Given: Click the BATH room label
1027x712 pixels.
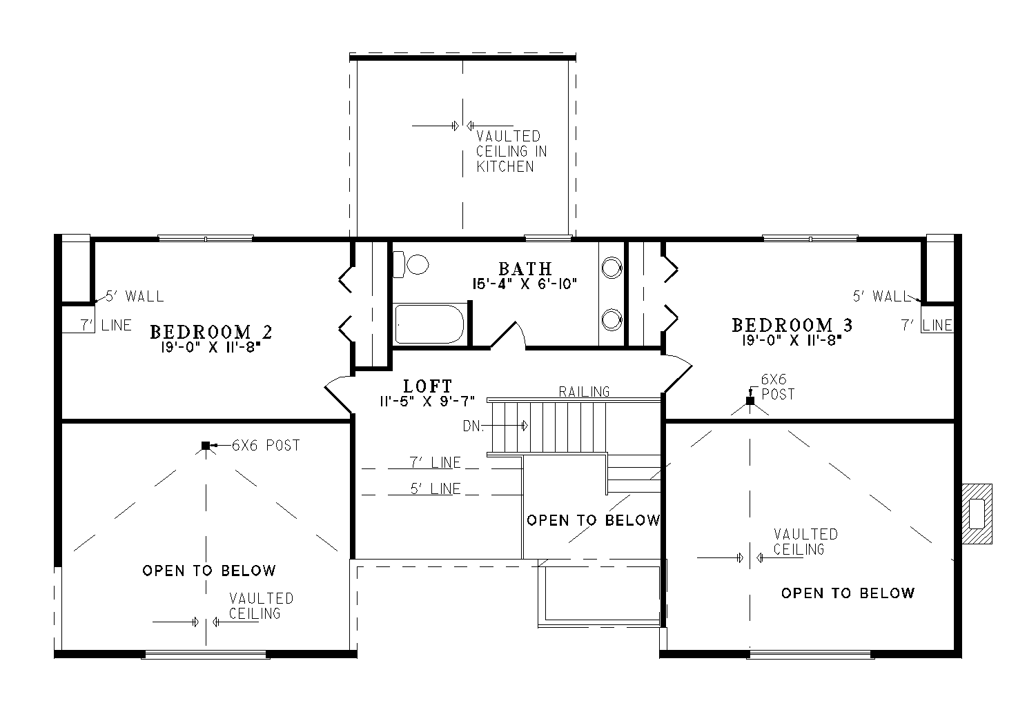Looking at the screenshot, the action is [x=525, y=268].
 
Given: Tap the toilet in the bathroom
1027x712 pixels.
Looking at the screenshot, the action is [x=411, y=264].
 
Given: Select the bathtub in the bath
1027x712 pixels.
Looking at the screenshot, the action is [x=429, y=324].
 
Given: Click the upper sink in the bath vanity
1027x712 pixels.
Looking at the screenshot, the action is [x=612, y=268].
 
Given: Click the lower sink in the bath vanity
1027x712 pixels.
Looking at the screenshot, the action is [x=612, y=320].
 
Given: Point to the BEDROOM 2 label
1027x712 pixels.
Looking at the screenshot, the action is [x=211, y=332].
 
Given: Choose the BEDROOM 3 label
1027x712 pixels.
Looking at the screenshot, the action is [x=792, y=325].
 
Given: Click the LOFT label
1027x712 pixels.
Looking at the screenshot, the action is [x=427, y=386].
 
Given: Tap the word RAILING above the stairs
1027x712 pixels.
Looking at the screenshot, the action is [x=584, y=392].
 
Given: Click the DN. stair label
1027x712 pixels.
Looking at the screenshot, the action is [x=473, y=426].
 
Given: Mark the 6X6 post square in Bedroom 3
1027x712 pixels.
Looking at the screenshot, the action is [x=750, y=401].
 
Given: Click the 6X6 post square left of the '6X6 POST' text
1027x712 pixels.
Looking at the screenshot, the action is [x=206, y=445].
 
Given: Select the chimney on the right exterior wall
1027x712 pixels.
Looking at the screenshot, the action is [x=977, y=514].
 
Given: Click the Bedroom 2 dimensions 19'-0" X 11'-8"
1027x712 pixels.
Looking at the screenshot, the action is [x=211, y=348].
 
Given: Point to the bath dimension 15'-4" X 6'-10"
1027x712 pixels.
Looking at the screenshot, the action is [x=525, y=284].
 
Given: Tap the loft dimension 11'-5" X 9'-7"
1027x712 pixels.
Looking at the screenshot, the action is [x=427, y=402].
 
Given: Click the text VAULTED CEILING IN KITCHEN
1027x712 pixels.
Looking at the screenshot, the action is [x=511, y=152].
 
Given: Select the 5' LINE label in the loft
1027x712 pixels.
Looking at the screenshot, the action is [x=435, y=489].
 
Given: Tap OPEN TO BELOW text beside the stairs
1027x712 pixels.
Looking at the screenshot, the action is [x=594, y=520].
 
